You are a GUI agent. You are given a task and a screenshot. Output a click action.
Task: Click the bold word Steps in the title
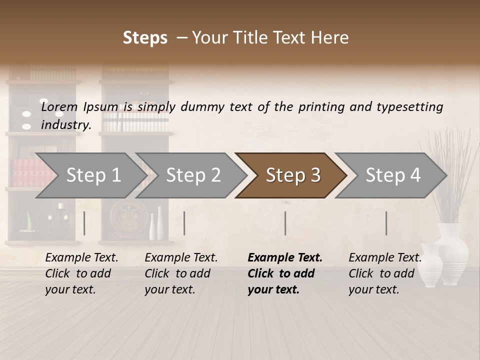(145, 38)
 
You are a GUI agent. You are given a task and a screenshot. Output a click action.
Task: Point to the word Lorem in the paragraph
(59, 107)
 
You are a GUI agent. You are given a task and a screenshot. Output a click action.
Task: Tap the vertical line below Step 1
(84, 223)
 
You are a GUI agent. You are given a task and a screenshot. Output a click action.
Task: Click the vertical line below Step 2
(184, 223)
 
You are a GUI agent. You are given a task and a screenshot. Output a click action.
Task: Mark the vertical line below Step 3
(285, 223)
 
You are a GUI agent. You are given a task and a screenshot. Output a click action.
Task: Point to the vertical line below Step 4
(386, 223)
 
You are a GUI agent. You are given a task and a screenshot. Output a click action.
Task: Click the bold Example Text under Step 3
(285, 258)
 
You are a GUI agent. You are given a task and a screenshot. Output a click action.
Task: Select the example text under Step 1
(81, 273)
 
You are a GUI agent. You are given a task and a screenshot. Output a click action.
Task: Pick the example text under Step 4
(385, 273)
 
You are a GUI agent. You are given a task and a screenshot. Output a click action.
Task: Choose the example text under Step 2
(181, 273)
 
